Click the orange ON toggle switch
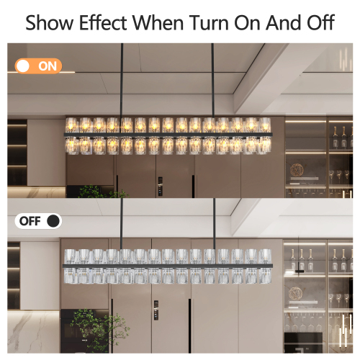(x=38, y=66)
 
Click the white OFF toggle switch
(x=38, y=221)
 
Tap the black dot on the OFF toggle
(x=53, y=221)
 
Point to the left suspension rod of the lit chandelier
(x=121, y=79)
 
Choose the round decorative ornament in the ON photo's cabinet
(x=297, y=170)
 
